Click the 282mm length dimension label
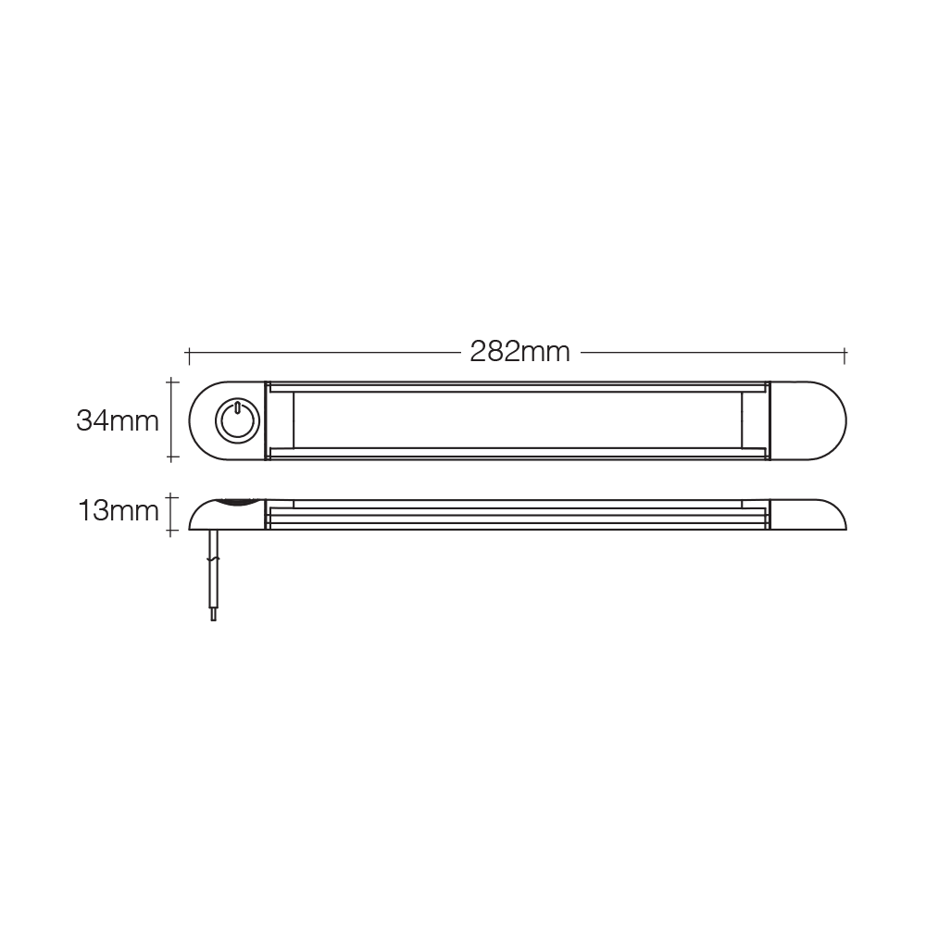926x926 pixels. (519, 353)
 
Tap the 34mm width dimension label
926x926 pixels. (118, 421)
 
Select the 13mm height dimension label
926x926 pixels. (119, 511)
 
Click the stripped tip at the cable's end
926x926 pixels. (213, 615)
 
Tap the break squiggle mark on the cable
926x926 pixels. (214, 558)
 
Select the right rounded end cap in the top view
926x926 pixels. (808, 420)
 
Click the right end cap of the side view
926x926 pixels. (808, 515)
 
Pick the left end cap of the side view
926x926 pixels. (227, 515)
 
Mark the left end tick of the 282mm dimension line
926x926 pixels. (188, 357)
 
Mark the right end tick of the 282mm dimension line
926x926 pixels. (845, 357)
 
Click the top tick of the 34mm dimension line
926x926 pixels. (172, 382)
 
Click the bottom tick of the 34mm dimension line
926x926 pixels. (172, 457)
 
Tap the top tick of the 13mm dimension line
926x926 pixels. (172, 498)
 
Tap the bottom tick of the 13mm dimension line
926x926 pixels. (172, 532)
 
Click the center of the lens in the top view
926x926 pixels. (518, 420)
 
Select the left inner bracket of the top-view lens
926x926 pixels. (281, 420)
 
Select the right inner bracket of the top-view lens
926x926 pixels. (755, 420)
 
